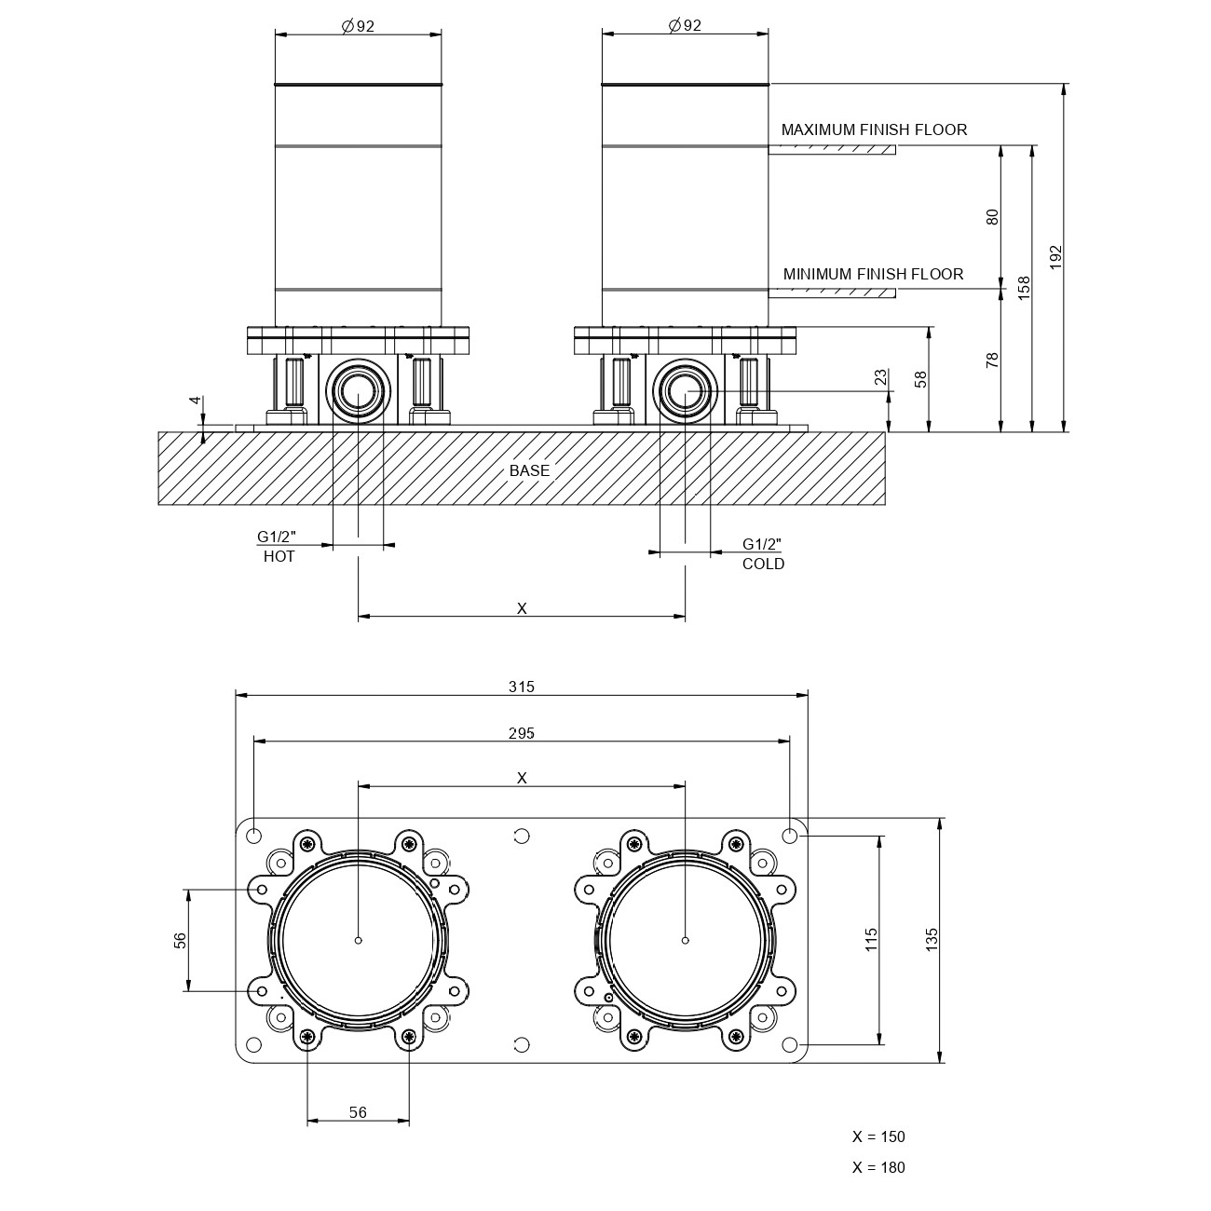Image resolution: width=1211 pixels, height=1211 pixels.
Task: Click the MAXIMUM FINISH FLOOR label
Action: (874, 130)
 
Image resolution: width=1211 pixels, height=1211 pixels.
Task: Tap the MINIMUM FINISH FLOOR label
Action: (873, 274)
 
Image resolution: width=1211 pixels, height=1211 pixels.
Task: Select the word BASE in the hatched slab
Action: (529, 470)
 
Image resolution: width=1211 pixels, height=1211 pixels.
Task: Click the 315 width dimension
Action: (521, 687)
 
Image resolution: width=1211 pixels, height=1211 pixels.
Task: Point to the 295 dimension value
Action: (521, 733)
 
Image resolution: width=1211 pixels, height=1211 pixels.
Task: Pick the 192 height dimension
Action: (1055, 257)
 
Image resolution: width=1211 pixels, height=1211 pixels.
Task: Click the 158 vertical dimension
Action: (1025, 288)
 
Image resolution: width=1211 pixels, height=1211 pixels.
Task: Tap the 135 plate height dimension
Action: (932, 940)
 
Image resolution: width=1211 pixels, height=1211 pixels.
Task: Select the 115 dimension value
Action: (871, 940)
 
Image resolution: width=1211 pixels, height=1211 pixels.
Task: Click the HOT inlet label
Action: (279, 557)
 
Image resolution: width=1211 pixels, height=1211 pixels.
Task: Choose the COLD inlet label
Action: (764, 565)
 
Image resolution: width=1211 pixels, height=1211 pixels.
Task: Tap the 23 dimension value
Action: (881, 376)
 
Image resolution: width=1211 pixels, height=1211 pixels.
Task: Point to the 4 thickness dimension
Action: (196, 401)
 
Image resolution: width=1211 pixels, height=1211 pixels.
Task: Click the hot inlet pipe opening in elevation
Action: (359, 392)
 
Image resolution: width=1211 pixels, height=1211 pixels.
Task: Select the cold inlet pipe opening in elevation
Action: (685, 392)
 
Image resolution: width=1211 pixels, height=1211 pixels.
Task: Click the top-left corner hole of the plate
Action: (254, 836)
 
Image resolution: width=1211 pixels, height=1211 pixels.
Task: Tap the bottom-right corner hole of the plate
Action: (789, 1044)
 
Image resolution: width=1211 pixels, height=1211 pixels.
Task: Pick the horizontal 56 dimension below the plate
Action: (358, 1112)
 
